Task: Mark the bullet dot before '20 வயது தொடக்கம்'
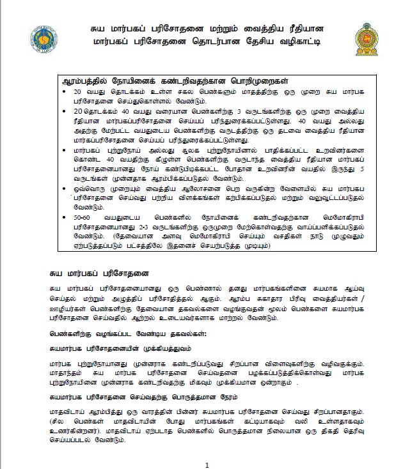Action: pyautogui.click(x=67, y=93)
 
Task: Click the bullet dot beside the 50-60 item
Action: pyautogui.click(x=67, y=218)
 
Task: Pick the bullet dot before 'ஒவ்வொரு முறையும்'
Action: pyautogui.click(x=67, y=190)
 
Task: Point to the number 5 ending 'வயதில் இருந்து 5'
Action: pyautogui.click(x=363, y=171)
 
